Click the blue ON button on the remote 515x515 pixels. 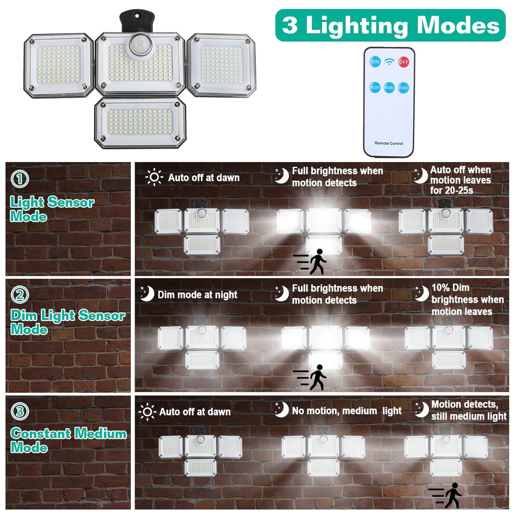coord(375,62)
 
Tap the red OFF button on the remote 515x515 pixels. coord(403,62)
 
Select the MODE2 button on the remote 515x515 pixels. coord(389,88)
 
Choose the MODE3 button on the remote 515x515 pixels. coord(403,88)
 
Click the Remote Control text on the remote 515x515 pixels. coord(389,144)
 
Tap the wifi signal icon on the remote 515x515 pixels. coord(389,61)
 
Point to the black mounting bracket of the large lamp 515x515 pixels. coord(137,21)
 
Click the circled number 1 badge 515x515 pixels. coord(20,179)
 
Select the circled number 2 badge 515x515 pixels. coord(20,295)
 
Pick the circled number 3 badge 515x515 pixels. coord(20,411)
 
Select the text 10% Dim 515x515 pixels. coord(450,288)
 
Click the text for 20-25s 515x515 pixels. coord(451,190)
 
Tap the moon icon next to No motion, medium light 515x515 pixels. coord(282,409)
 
